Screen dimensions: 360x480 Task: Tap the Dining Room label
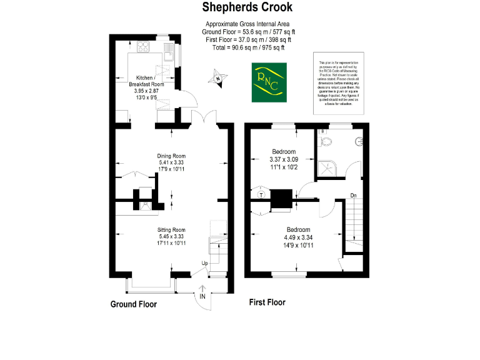tap(172, 156)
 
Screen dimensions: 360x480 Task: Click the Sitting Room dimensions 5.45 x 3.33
tap(171, 237)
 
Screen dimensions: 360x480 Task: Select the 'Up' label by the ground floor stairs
tap(204, 263)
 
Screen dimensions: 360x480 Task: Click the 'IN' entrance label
tap(202, 296)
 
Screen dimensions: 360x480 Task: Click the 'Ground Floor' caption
tap(133, 304)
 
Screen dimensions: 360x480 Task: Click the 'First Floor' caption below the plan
tap(267, 302)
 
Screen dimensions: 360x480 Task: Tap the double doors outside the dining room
tap(206, 119)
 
